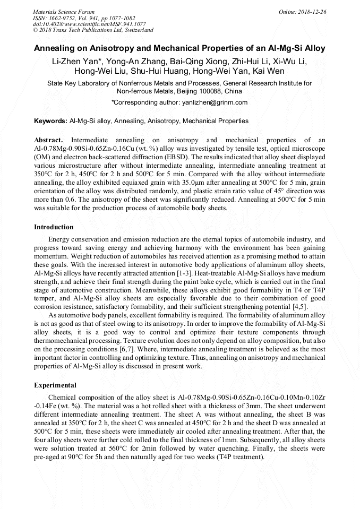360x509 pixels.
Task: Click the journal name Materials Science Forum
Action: click(x=64, y=12)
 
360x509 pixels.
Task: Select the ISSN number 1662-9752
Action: click(x=62, y=18)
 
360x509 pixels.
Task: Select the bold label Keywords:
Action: click(x=51, y=121)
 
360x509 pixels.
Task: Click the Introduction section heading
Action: click(x=54, y=227)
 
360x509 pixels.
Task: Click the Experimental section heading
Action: click(x=55, y=385)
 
